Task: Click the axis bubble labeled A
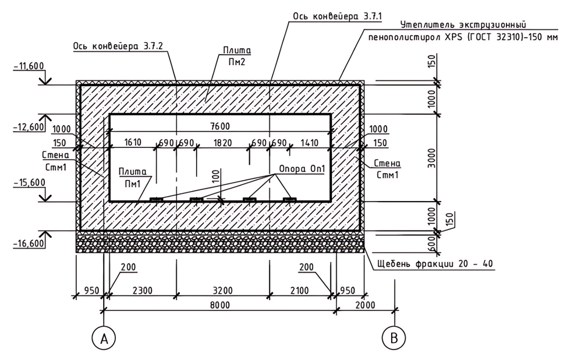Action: tap(104, 337)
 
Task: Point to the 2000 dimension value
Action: tap(366, 303)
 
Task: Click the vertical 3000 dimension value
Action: tap(431, 157)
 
